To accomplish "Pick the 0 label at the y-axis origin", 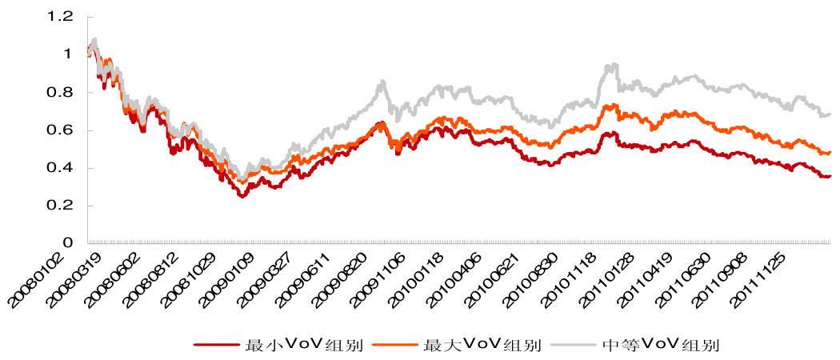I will click(68, 243).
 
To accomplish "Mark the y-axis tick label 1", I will click(68, 54).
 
